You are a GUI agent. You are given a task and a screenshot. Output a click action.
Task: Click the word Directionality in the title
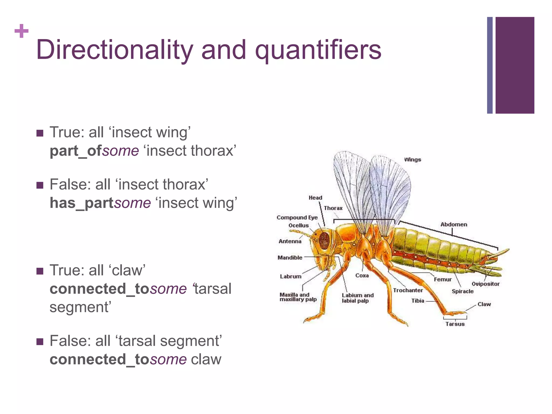[115, 50]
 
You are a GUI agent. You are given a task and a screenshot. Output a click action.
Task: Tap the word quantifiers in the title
[318, 50]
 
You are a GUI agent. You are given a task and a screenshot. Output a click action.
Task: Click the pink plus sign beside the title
[21, 31]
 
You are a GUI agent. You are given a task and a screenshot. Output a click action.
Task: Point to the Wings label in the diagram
[412, 160]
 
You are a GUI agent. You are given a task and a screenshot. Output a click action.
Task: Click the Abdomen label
[454, 224]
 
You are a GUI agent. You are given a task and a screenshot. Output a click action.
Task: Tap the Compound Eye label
[297, 218]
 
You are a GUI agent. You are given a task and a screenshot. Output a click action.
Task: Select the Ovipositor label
[485, 284]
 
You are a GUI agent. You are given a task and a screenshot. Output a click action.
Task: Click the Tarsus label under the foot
[455, 324]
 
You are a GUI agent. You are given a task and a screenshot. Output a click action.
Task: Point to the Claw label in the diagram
[484, 304]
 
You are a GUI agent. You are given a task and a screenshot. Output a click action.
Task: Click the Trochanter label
[408, 290]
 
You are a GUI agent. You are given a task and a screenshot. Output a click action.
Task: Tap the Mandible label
[290, 258]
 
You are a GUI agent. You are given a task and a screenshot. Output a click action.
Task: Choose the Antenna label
[290, 241]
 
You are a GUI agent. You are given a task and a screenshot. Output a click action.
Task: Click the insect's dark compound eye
[324, 240]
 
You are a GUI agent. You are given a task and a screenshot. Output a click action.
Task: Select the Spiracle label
[463, 291]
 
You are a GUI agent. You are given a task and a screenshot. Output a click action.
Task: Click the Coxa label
[362, 275]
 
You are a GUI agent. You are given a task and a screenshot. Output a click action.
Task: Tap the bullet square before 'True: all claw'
[40, 271]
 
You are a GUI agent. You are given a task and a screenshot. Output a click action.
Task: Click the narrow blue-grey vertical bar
[490, 65]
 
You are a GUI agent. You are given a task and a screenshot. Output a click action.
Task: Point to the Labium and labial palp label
[357, 298]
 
